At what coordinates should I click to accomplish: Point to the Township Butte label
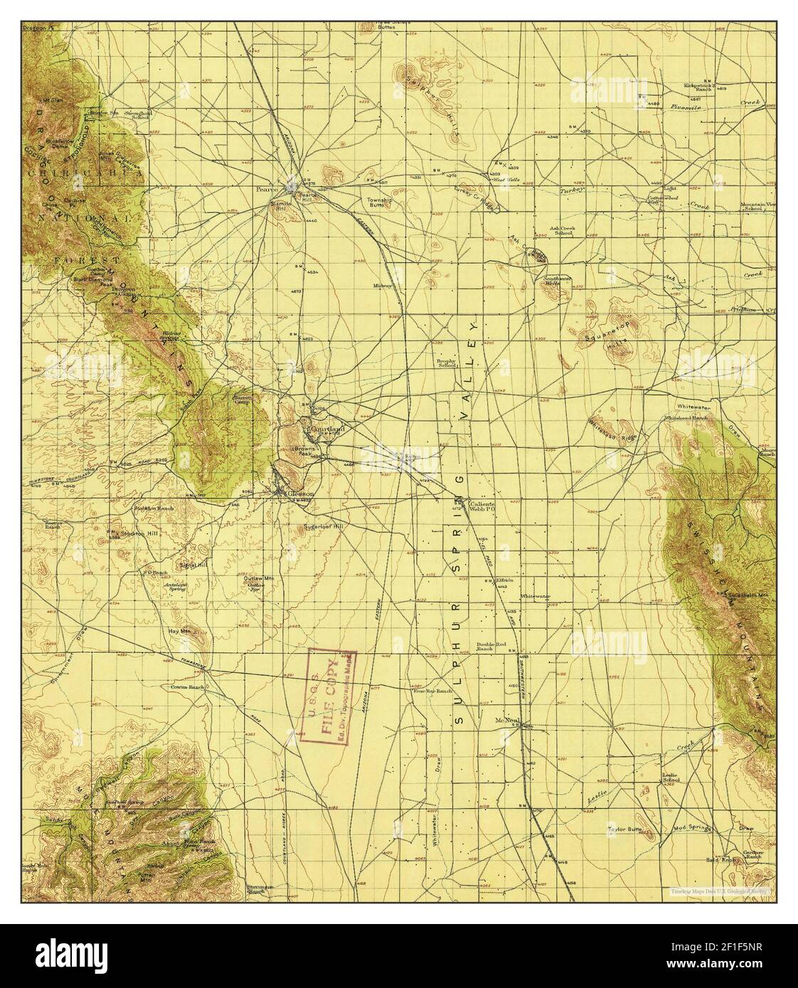coord(380,203)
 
